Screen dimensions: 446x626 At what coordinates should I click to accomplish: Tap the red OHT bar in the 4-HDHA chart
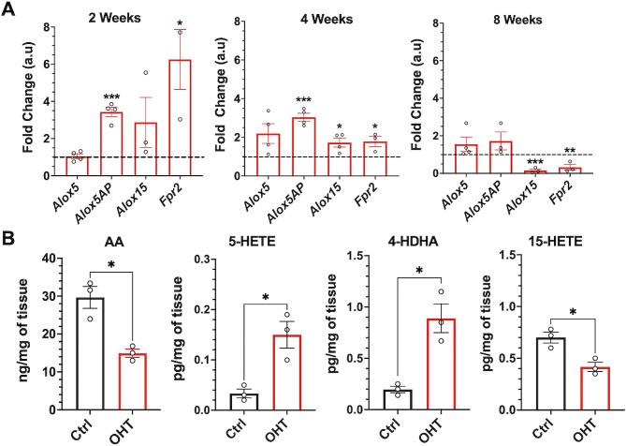(400, 364)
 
